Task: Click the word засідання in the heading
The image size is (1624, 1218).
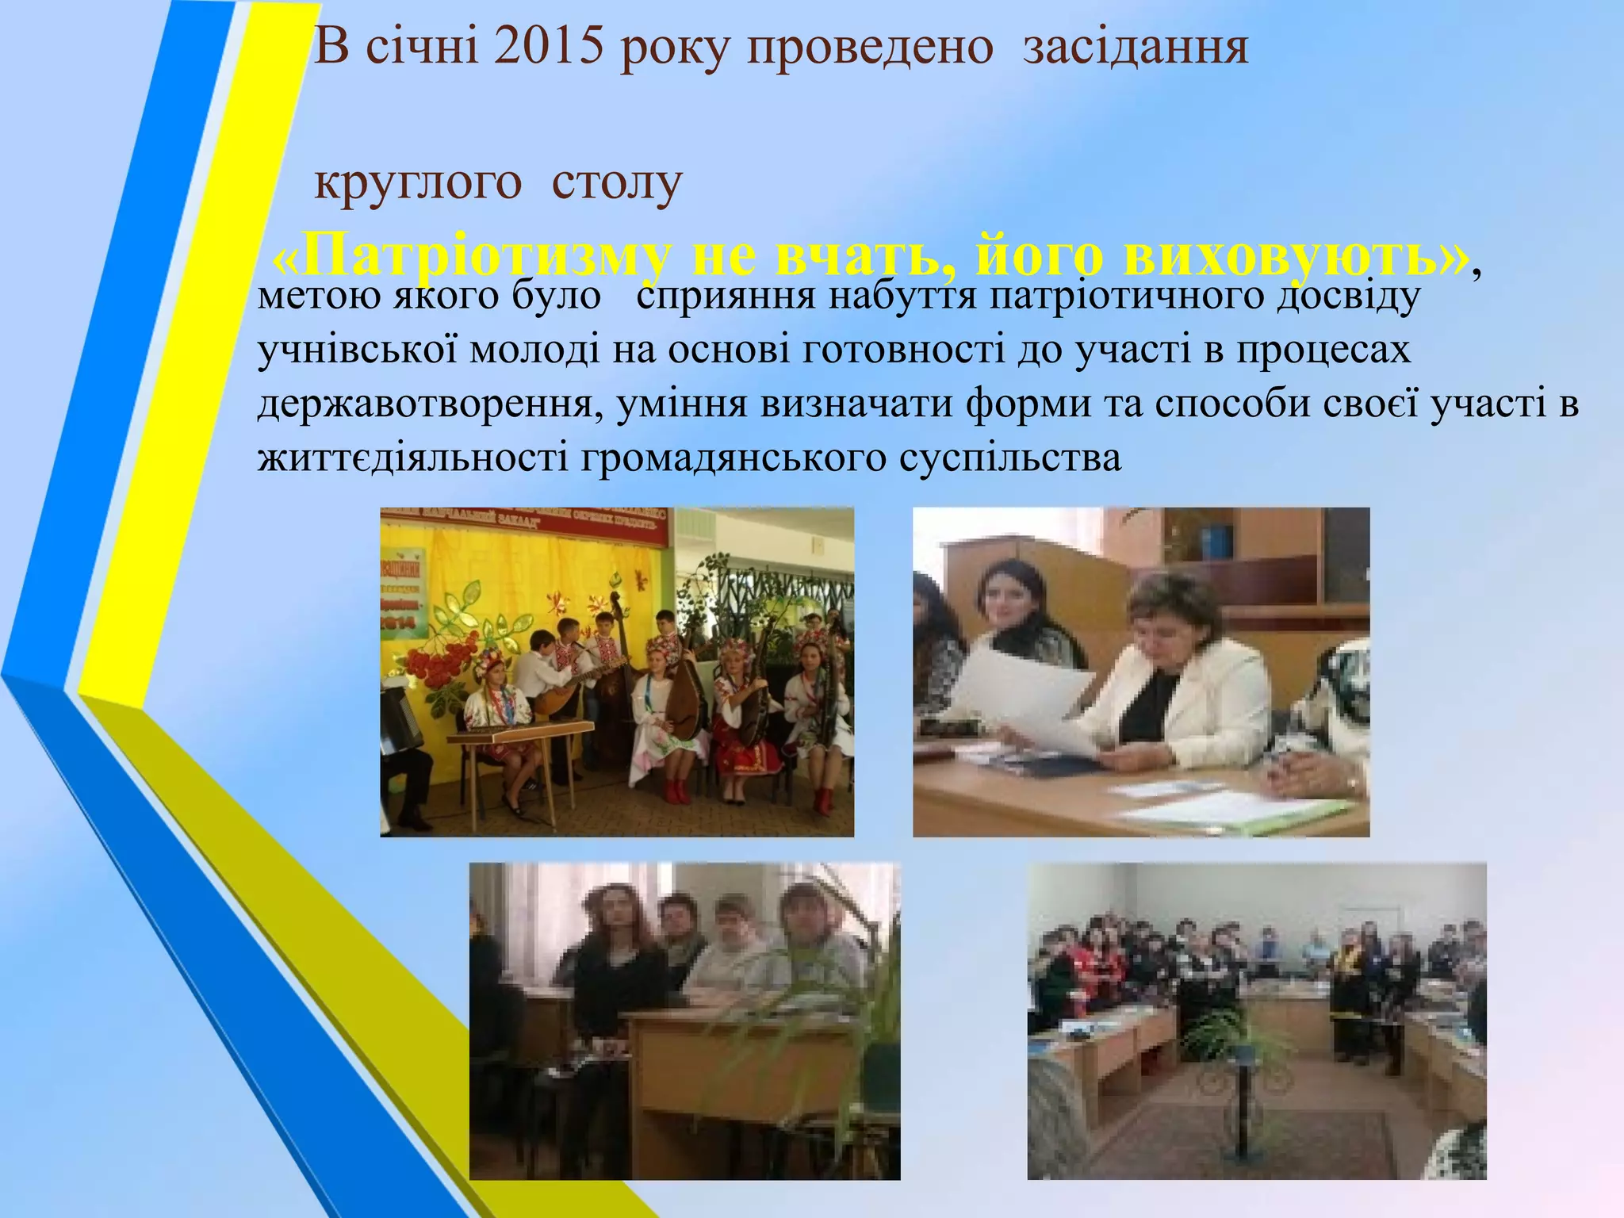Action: [1136, 48]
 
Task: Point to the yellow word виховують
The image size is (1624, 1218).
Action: [1294, 256]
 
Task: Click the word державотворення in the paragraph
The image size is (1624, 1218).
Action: [425, 404]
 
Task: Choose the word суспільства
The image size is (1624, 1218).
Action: [1010, 458]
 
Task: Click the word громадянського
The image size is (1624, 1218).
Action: [733, 458]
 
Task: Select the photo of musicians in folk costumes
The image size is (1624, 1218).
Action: [617, 672]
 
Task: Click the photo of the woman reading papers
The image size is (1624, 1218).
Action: [1140, 672]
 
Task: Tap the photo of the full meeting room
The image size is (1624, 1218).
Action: [1256, 1021]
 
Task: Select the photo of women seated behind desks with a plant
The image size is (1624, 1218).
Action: [684, 1021]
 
